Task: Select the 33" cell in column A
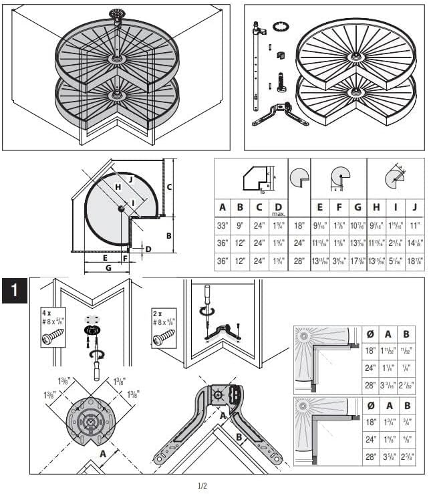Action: (223, 227)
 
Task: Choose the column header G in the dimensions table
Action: (358, 207)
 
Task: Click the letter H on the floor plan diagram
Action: (118, 187)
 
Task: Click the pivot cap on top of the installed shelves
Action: (118, 13)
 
